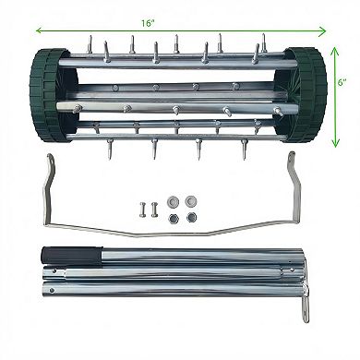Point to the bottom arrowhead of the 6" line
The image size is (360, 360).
click(333, 133)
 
